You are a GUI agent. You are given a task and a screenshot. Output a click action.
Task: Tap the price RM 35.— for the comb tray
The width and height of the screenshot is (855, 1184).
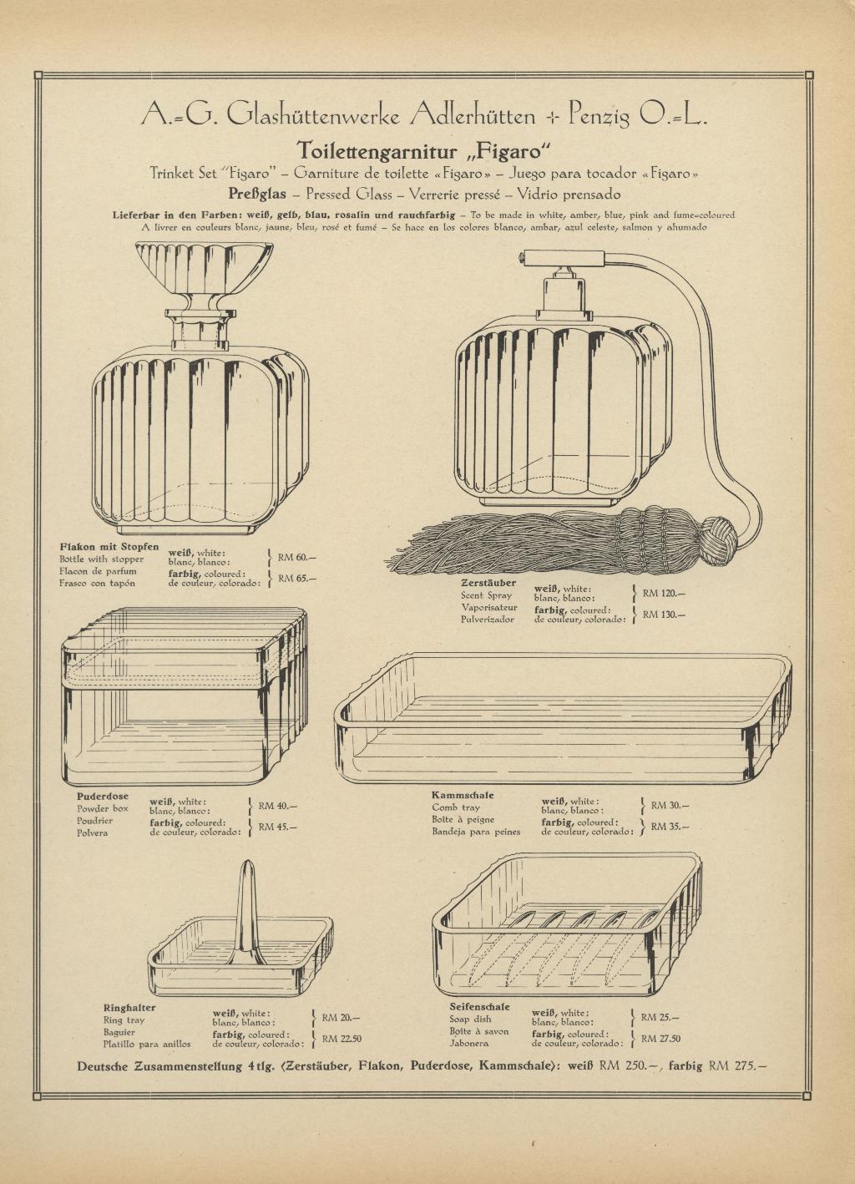670,826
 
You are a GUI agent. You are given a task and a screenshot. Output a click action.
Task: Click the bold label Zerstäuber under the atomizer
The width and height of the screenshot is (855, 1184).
488,583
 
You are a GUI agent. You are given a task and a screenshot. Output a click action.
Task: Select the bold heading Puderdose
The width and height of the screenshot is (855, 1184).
103,796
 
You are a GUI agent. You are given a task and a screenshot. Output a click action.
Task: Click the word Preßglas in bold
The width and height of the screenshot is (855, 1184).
257,194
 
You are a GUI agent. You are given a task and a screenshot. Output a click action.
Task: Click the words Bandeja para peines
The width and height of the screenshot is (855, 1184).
476,832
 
